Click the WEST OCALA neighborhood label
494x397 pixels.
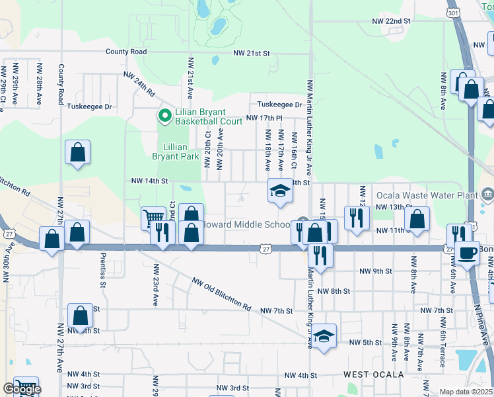[373, 375]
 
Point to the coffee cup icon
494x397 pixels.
[468, 252]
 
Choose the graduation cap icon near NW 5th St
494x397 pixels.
[324, 336]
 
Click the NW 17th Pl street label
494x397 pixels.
[264, 118]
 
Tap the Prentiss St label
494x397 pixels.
[103, 270]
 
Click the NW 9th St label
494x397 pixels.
[376, 271]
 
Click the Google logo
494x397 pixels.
[22, 390]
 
